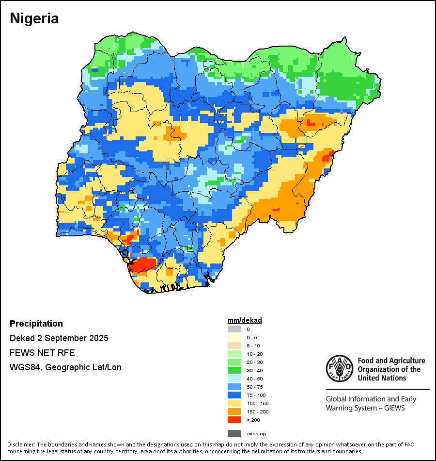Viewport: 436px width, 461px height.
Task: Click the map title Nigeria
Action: (x=34, y=18)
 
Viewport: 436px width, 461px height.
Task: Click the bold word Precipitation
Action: (x=36, y=324)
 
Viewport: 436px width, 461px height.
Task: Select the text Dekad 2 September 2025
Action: (x=59, y=338)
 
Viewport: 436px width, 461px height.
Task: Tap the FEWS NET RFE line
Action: (x=42, y=353)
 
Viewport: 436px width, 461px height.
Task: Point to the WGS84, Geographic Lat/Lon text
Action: (x=65, y=367)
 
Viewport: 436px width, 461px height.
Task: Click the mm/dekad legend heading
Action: (x=245, y=321)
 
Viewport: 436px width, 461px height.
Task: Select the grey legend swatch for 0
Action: (x=234, y=329)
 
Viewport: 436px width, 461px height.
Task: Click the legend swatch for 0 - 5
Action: (x=234, y=338)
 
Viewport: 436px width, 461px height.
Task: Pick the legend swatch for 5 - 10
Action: (x=234, y=346)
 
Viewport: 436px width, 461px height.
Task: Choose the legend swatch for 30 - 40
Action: (x=234, y=371)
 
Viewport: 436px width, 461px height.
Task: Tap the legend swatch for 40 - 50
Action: (x=234, y=379)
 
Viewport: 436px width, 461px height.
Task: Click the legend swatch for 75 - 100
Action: (x=234, y=395)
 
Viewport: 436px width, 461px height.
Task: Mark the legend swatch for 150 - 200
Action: (x=234, y=412)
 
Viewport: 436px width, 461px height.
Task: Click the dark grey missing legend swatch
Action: (x=234, y=433)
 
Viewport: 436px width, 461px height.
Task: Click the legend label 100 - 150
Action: (x=257, y=404)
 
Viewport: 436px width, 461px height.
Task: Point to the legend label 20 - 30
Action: (x=255, y=362)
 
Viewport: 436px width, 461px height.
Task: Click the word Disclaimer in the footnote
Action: (x=21, y=445)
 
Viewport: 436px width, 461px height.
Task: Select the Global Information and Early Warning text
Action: (x=371, y=399)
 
